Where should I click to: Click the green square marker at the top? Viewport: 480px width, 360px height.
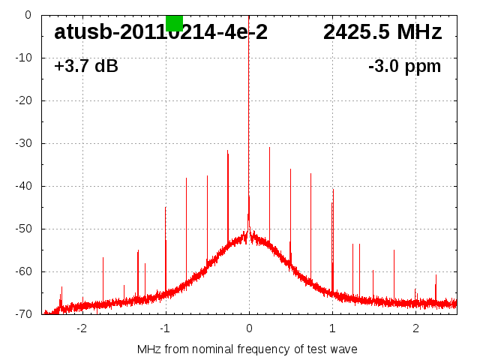(x=174, y=22)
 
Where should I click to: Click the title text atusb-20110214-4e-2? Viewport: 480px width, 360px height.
(x=160, y=32)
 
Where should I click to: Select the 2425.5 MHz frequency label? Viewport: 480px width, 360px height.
(x=382, y=32)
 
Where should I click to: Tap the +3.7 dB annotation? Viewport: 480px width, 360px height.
(x=86, y=67)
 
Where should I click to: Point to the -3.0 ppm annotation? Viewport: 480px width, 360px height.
(x=404, y=67)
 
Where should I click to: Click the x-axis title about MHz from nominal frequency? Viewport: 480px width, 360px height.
(x=247, y=349)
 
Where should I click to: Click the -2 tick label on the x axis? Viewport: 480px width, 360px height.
(x=82, y=328)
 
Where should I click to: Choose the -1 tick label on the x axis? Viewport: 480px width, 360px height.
(x=165, y=328)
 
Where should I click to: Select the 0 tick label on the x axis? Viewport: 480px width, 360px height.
(x=249, y=328)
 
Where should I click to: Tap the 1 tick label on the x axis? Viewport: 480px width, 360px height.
(x=332, y=328)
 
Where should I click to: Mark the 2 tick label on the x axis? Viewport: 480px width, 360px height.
(x=415, y=328)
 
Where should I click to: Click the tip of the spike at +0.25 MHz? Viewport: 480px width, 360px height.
(x=270, y=148)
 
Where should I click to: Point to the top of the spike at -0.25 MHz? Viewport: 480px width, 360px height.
(x=228, y=151)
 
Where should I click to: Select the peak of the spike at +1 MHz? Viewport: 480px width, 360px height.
(x=333, y=189)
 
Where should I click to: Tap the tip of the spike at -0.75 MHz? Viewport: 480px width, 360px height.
(x=187, y=178)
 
